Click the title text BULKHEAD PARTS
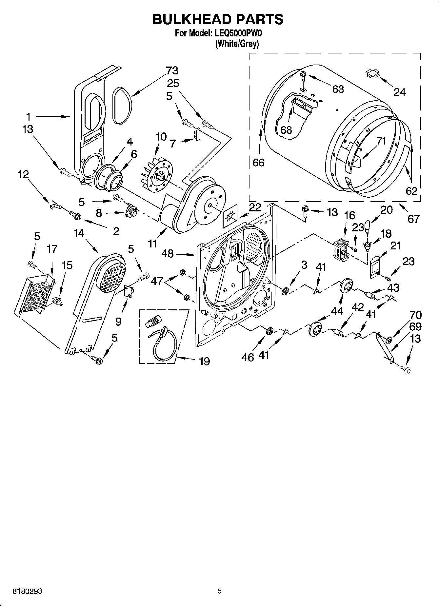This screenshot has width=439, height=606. (x=218, y=19)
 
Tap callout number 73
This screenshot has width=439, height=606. (x=172, y=70)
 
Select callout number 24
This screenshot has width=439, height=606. (x=399, y=92)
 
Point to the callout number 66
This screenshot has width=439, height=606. (x=258, y=162)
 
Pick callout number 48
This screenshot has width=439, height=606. (x=168, y=253)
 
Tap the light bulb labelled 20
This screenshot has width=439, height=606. (x=367, y=226)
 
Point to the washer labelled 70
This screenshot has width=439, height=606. (x=389, y=340)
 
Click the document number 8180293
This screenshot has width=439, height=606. (x=28, y=591)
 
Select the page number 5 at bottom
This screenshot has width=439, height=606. (x=220, y=591)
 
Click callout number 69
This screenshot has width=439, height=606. (x=415, y=326)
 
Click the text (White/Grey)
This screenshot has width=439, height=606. (x=237, y=44)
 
